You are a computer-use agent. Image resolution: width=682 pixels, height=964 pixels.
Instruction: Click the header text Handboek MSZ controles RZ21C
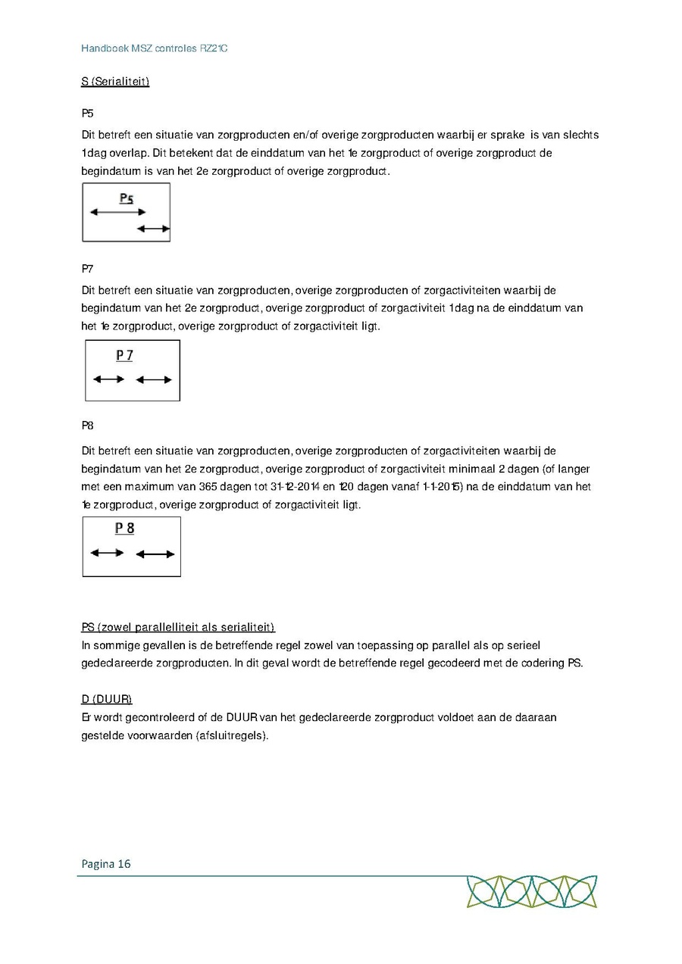(155, 48)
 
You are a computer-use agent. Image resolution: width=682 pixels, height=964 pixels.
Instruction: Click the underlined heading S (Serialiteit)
(115, 81)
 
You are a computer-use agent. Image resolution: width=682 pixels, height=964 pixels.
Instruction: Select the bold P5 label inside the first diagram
(127, 199)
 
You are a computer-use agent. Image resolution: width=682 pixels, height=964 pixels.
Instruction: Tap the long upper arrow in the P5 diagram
(117, 213)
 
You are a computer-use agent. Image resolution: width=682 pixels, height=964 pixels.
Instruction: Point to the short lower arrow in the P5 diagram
(154, 228)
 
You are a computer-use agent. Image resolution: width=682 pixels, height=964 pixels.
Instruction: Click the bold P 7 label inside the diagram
(124, 355)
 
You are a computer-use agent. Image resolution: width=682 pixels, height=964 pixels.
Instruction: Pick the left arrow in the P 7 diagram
(108, 379)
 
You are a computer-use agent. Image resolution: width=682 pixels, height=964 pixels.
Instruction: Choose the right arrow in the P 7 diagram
(154, 379)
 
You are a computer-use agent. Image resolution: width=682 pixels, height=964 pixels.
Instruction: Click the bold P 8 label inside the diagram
(124, 529)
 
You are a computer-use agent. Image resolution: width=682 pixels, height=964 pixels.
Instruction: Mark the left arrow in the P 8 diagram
(107, 553)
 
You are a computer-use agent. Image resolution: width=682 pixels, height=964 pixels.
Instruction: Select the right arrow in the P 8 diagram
(155, 554)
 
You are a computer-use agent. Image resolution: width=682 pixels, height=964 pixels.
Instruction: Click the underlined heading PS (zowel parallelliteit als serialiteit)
(178, 627)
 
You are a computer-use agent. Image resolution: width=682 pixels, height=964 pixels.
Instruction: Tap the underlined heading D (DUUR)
(107, 698)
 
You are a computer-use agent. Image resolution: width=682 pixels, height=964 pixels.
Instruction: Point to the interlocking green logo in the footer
(532, 891)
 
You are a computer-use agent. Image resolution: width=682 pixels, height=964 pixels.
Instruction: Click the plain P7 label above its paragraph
(88, 269)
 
